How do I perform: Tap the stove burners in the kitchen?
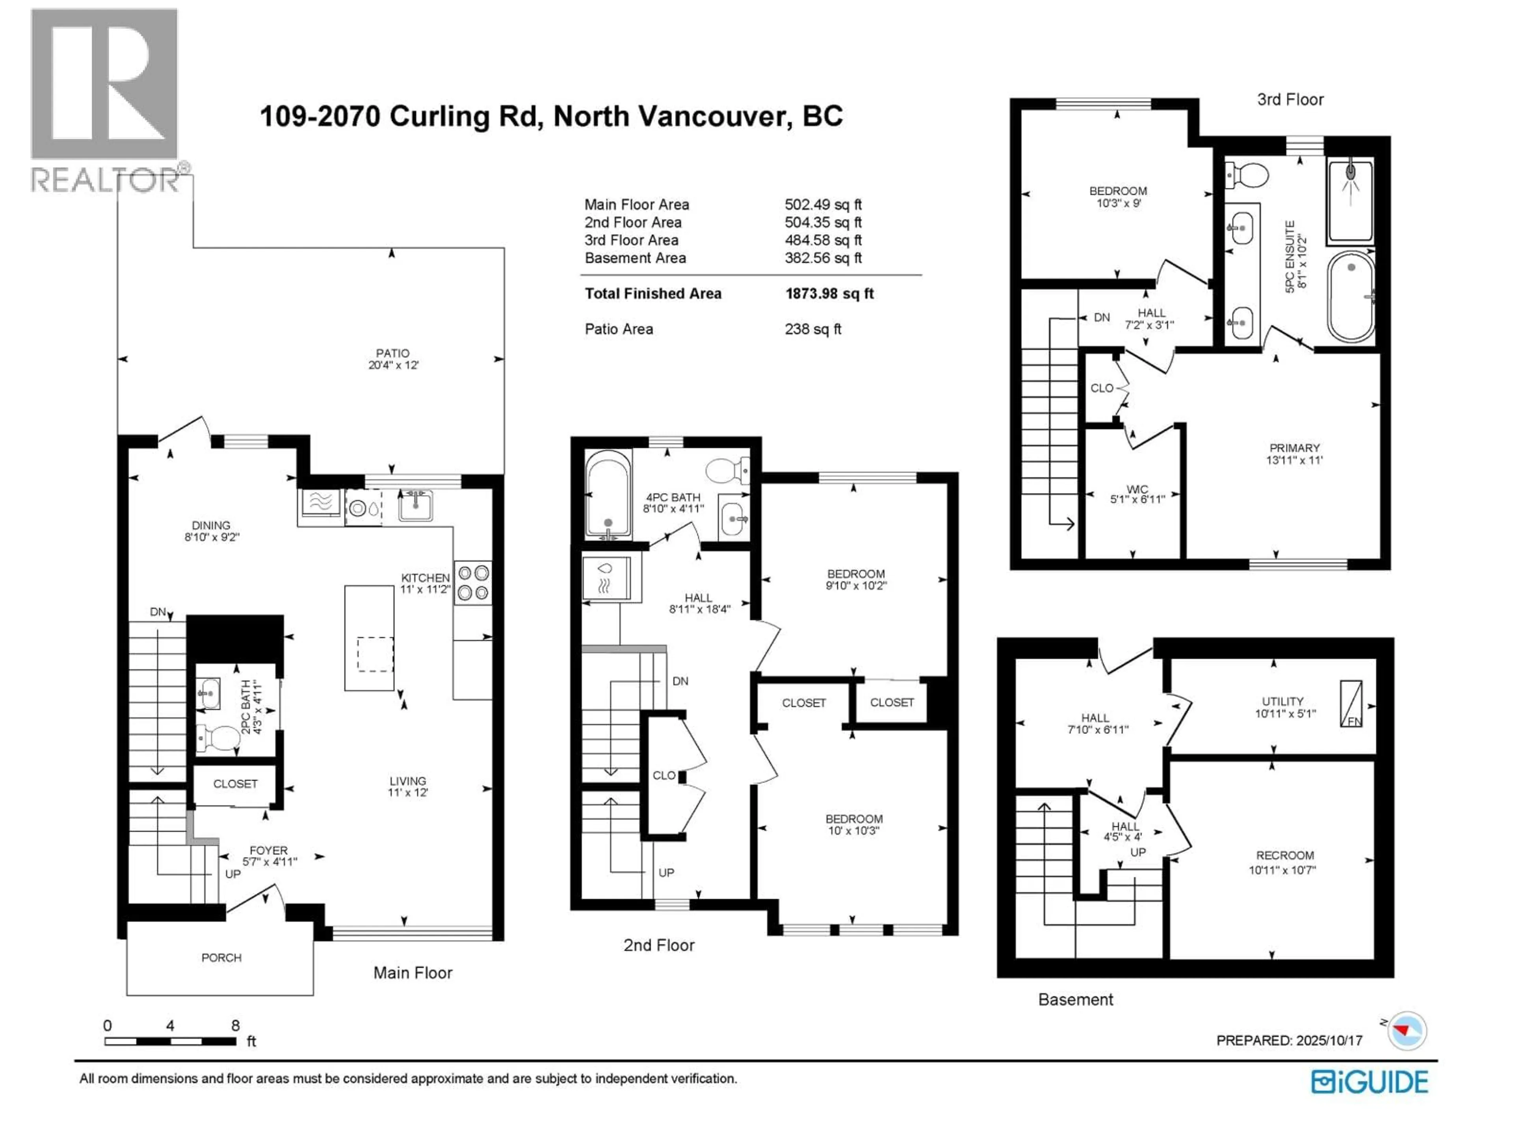click(x=473, y=582)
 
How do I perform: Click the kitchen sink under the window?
click(x=415, y=505)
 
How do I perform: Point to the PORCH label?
click(x=221, y=958)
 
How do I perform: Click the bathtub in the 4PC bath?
click(x=608, y=493)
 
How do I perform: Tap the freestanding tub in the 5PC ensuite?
click(x=1351, y=297)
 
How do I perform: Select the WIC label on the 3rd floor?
click(x=1137, y=489)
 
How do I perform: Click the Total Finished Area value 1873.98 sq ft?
click(x=829, y=294)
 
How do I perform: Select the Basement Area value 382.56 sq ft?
click(x=823, y=258)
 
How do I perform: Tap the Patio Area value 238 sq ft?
click(x=812, y=329)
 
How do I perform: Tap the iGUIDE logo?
click(x=1369, y=1082)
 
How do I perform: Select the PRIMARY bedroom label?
click(x=1294, y=448)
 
